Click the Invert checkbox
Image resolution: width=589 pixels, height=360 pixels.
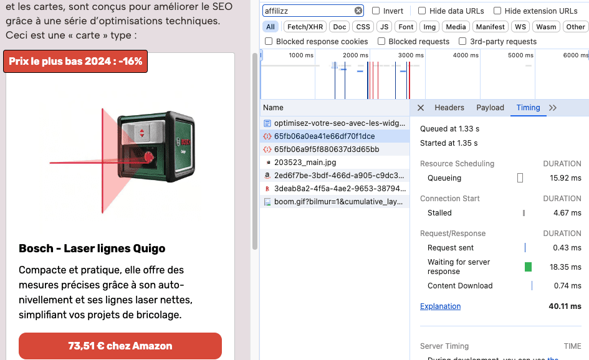(x=376, y=11)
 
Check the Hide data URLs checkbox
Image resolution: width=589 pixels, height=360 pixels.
(x=422, y=11)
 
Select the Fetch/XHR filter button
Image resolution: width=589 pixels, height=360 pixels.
(x=305, y=27)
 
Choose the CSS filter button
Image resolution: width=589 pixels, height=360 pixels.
(x=363, y=27)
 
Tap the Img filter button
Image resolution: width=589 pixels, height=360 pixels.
(x=429, y=27)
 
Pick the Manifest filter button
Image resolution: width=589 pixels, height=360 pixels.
(x=490, y=27)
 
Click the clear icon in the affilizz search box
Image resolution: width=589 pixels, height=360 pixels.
(x=358, y=11)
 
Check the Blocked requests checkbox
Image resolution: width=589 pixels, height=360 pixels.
(x=381, y=41)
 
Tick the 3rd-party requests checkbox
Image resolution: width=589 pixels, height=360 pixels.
(x=462, y=41)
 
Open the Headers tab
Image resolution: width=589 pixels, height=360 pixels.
(x=449, y=108)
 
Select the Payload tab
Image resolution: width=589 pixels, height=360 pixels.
(x=490, y=108)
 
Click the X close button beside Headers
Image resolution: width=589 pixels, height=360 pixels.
(x=421, y=108)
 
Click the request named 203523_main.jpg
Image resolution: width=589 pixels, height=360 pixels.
(x=305, y=162)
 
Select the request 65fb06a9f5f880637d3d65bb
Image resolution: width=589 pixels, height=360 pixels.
(x=327, y=149)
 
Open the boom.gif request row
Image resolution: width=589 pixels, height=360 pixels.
(x=338, y=202)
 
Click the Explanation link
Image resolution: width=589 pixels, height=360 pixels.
(x=440, y=306)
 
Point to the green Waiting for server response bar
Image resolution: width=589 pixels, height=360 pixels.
(x=528, y=267)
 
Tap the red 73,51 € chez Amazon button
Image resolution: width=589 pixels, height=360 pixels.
(x=120, y=346)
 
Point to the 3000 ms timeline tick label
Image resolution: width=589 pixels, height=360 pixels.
(x=411, y=55)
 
